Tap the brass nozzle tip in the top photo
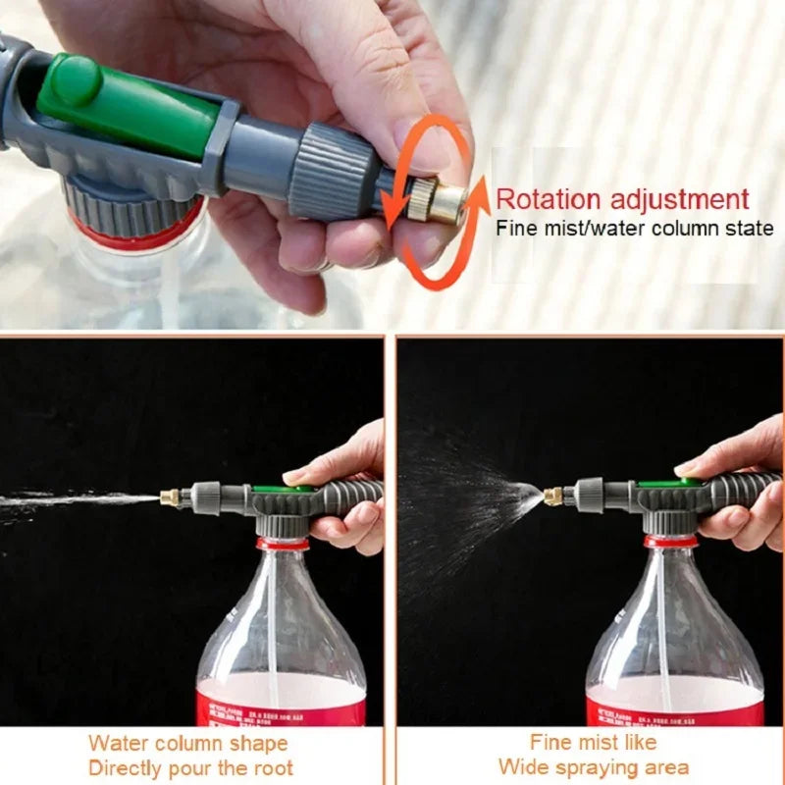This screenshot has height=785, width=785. click(446, 204)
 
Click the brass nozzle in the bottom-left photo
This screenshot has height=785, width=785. click(170, 497)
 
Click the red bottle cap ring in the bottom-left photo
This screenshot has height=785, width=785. click(283, 543)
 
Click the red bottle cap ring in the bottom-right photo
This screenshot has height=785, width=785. click(670, 541)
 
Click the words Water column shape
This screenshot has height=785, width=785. click(188, 743)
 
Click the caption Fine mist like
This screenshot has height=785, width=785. click(593, 742)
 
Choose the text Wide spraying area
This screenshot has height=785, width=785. click(593, 766)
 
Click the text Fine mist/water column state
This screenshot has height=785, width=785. click(634, 229)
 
